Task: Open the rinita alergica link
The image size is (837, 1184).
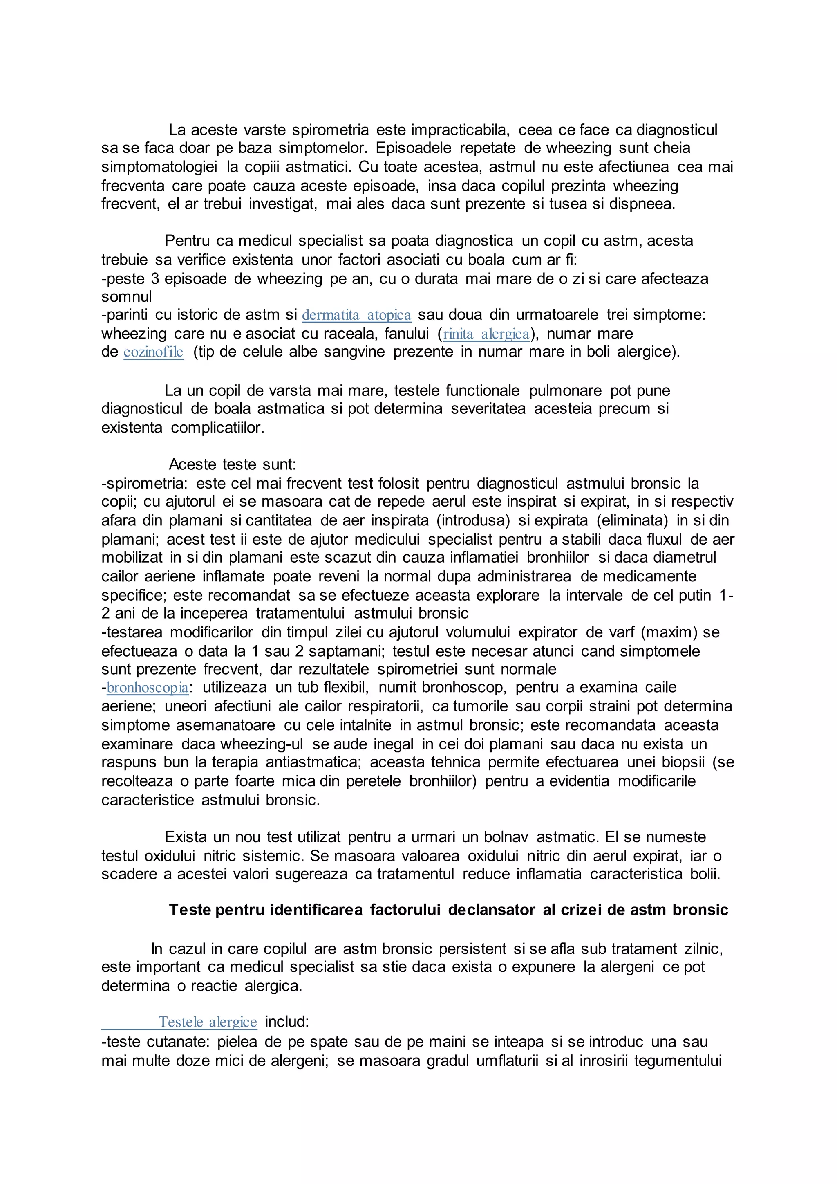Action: point(486,334)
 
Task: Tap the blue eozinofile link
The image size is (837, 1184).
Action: point(153,352)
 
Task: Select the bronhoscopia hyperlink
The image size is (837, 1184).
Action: point(148,687)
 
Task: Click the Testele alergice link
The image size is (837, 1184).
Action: point(207,1022)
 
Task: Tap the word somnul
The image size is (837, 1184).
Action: point(126,297)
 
